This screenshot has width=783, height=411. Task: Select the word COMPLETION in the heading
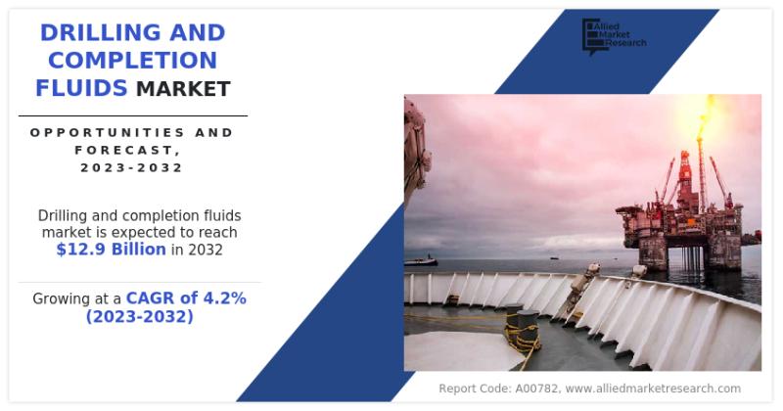[x=132, y=61]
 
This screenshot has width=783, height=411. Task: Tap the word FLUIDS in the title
[x=81, y=88]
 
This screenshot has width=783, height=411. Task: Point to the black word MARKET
[x=183, y=89]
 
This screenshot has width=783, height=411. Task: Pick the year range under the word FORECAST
[x=132, y=167]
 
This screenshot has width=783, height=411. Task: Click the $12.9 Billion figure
[x=111, y=250]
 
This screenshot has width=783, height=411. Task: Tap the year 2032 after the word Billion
[x=206, y=250]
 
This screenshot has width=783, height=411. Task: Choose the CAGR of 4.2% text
[x=186, y=298]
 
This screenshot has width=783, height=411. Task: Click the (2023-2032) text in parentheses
[x=139, y=317]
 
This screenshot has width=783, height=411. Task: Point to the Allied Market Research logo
[x=615, y=36]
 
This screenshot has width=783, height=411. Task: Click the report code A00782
[x=535, y=388]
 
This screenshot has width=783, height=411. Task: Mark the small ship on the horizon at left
[x=421, y=260]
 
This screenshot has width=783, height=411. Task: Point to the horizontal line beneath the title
[x=133, y=115]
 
